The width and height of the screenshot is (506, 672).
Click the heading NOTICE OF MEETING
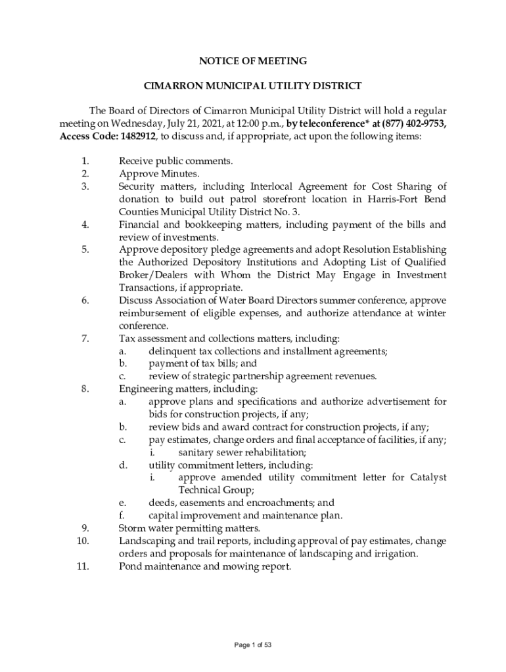[253, 61]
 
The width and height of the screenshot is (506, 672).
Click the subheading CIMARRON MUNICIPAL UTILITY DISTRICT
[253, 85]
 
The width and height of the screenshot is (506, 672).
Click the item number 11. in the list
[83, 566]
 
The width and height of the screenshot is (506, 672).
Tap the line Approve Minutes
[158, 174]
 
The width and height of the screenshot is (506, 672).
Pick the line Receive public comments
[176, 161]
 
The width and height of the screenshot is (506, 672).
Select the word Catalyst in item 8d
[427, 477]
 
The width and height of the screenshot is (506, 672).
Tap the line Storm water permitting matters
[189, 528]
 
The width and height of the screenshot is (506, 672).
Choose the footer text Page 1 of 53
[253, 645]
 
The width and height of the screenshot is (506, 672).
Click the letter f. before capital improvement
[122, 515]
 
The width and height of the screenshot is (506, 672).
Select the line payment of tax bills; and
[202, 364]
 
